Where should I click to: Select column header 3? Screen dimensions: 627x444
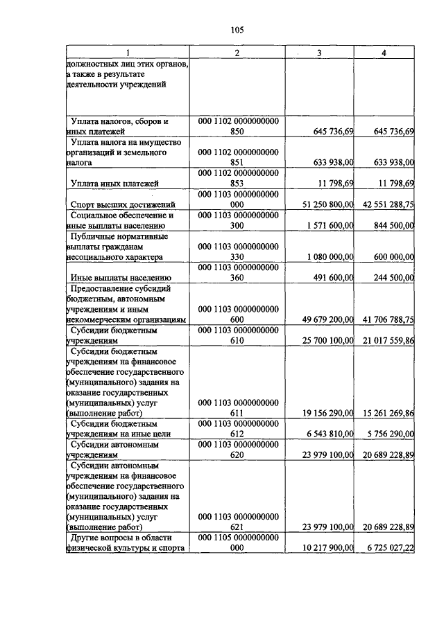318,54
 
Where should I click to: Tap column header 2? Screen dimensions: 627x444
237,54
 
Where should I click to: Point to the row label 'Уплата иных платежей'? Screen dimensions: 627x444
115,183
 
